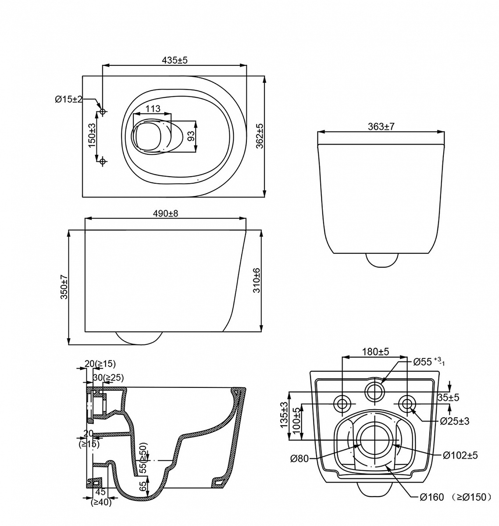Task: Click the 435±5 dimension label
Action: pos(175,60)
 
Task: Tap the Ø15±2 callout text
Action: pos(68,100)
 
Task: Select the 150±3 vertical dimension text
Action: pos(92,135)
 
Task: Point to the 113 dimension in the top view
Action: pos(153,108)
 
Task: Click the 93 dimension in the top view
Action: pos(191,136)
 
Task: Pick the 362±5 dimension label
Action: pos(260,136)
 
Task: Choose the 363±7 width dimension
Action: pos(381,127)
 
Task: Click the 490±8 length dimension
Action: pos(165,213)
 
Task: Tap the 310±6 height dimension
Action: pos(257,281)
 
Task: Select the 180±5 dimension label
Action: pos(375,352)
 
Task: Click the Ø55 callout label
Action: pos(429,362)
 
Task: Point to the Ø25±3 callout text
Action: pos(455,421)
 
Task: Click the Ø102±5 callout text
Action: pos(460,455)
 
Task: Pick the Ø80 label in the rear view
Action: pos(299,458)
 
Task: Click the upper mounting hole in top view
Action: pos(103,111)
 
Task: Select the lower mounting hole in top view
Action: pos(103,161)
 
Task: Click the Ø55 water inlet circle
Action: pos(375,392)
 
